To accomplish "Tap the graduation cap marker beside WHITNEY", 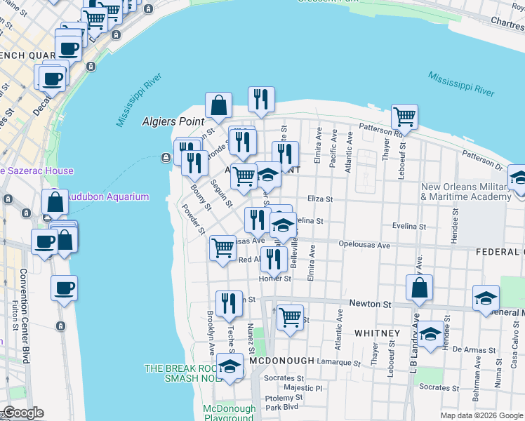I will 431,333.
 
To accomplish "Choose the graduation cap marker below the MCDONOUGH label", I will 230,367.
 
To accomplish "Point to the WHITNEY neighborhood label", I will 377,333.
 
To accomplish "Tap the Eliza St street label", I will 319,199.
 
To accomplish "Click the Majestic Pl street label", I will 303,387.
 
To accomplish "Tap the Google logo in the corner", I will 22,413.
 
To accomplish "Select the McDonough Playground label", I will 228,413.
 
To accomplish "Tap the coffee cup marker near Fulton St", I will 64,288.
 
